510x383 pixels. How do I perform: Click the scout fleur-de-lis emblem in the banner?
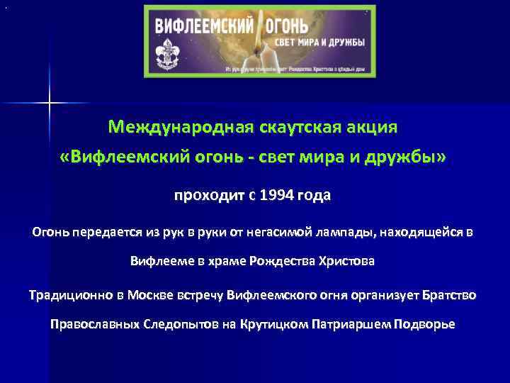[171, 53]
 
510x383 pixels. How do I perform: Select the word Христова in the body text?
[347, 261]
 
